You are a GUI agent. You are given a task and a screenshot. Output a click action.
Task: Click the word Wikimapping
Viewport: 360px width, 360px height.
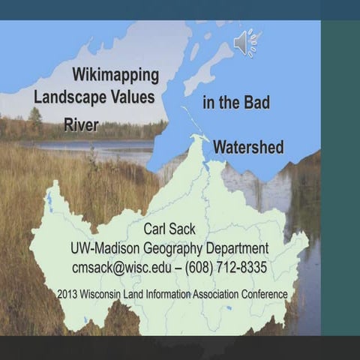(115, 75)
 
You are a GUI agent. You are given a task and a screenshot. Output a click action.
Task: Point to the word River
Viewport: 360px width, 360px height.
(81, 124)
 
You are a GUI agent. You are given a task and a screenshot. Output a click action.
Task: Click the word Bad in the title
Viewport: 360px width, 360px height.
(256, 103)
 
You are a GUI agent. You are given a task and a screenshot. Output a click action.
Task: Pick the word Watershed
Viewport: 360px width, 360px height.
(248, 147)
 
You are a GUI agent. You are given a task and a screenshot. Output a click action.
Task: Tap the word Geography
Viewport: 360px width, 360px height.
(177, 249)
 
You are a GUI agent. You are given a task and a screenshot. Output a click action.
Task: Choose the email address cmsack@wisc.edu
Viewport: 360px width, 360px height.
(121, 268)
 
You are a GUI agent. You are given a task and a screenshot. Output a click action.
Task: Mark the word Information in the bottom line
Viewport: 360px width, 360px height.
(167, 294)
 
